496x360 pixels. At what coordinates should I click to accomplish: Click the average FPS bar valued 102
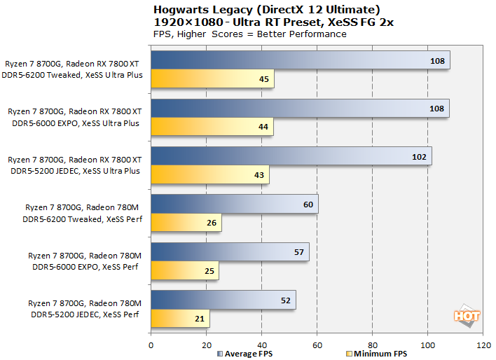[x=291, y=155]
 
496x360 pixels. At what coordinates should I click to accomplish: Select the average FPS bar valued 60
[x=234, y=204]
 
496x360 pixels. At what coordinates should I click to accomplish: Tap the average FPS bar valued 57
[x=230, y=251]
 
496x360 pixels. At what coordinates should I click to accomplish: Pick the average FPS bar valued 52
[x=223, y=300]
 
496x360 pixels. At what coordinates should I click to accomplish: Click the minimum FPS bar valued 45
[x=212, y=79]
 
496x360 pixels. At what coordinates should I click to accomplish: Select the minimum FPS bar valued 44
[x=212, y=127]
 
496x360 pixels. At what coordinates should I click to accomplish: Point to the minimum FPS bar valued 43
[x=209, y=174]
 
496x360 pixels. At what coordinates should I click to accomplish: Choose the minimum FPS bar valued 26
[x=186, y=223]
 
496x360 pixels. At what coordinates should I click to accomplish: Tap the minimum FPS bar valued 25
[x=184, y=270]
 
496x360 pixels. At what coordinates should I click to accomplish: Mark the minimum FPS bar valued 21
[x=179, y=319]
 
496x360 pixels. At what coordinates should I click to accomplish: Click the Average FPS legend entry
[x=244, y=354]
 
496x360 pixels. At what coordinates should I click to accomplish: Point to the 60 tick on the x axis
[x=317, y=345]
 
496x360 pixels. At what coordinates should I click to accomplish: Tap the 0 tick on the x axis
[x=151, y=345]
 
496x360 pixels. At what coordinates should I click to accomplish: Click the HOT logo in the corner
[x=467, y=317]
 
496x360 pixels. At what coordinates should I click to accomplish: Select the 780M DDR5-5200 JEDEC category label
[x=85, y=309]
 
